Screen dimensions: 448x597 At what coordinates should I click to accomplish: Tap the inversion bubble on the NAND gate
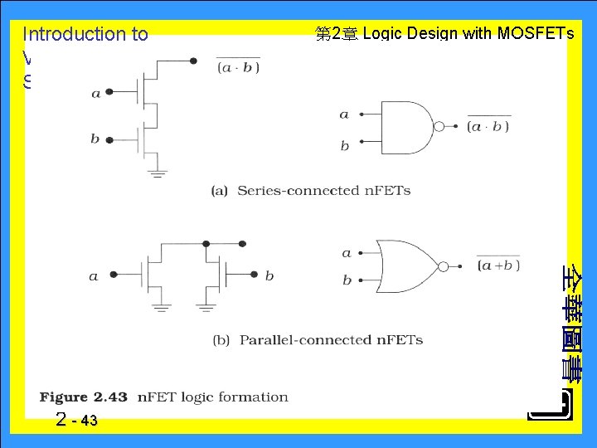(x=439, y=127)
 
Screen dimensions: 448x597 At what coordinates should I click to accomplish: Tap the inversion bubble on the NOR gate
(x=444, y=266)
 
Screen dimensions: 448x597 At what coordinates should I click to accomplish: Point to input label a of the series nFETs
(x=96, y=94)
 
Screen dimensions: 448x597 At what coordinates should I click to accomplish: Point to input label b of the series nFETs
(x=95, y=139)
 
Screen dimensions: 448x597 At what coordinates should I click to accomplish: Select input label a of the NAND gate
(x=344, y=114)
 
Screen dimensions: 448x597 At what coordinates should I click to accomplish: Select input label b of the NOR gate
(x=347, y=280)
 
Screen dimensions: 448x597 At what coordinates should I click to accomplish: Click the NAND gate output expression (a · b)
(x=488, y=126)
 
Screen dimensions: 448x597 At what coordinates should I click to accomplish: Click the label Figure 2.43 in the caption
(x=83, y=397)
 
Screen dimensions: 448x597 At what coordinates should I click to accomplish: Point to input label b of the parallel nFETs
(x=269, y=275)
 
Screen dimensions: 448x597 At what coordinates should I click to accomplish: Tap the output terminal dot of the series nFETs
(x=192, y=60)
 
